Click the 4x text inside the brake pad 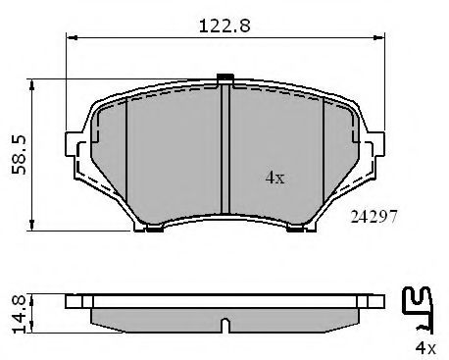275,178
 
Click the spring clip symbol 421,309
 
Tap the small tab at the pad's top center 224,78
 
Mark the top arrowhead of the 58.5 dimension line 35,82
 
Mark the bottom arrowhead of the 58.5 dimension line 35,224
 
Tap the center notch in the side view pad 224,324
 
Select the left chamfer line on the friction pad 128,157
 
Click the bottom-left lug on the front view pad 152,230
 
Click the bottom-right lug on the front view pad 295,230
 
